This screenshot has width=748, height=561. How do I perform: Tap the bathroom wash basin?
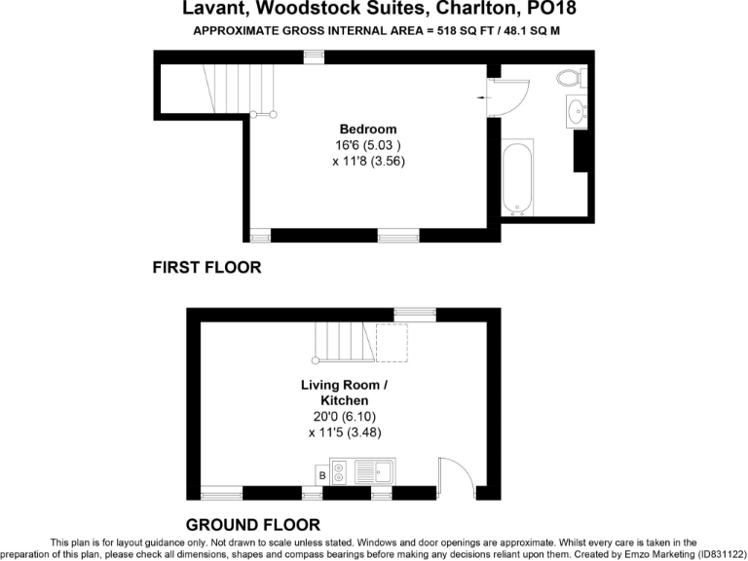[577, 111]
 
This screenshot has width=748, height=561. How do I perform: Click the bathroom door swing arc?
[512, 94]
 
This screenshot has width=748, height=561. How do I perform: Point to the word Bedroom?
[367, 130]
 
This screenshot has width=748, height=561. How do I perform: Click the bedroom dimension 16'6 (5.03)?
[367, 146]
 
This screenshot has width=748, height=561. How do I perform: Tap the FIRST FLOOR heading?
[206, 267]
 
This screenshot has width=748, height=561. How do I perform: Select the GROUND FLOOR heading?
[252, 525]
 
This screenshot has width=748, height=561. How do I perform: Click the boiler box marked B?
[321, 475]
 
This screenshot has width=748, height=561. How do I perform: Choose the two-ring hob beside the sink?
[339, 473]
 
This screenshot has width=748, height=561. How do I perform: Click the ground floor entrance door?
[455, 476]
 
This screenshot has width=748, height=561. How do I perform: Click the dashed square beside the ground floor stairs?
[392, 343]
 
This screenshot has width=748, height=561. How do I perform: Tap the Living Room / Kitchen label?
[345, 393]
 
